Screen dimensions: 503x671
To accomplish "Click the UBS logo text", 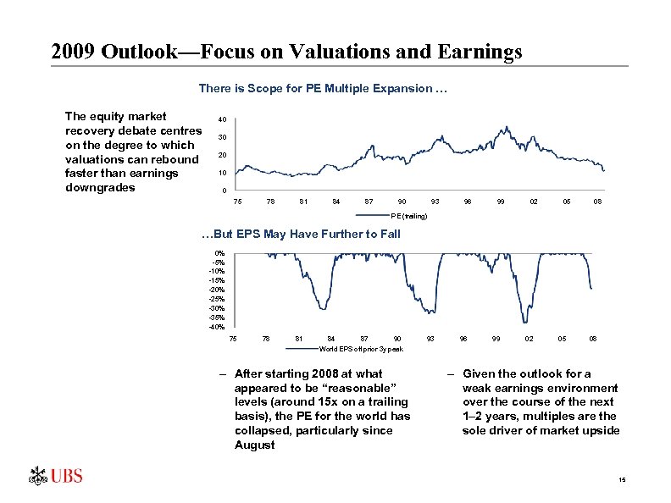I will (x=66, y=476).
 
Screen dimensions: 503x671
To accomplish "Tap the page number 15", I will (x=622, y=481).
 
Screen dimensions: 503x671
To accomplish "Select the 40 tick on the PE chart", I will (x=221, y=119).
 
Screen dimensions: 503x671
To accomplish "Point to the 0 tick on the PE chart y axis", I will (x=222, y=190).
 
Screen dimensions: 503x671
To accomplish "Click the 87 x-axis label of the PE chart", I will (x=369, y=202).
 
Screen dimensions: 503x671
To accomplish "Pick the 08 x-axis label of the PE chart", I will (x=597, y=202).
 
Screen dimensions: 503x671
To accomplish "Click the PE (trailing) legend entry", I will (x=408, y=217).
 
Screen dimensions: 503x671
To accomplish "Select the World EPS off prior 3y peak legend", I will (x=361, y=349).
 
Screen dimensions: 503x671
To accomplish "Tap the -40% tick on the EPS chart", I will (x=219, y=327).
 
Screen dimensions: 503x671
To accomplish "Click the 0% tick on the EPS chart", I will (x=220, y=253).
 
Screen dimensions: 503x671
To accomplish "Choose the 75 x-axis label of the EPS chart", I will (x=233, y=339).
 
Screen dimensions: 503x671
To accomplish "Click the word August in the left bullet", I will (x=254, y=445).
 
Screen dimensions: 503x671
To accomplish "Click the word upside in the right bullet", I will (x=600, y=430).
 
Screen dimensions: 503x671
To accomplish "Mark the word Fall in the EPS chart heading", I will (x=388, y=234).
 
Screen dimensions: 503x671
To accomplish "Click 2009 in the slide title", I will (x=73, y=53).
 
